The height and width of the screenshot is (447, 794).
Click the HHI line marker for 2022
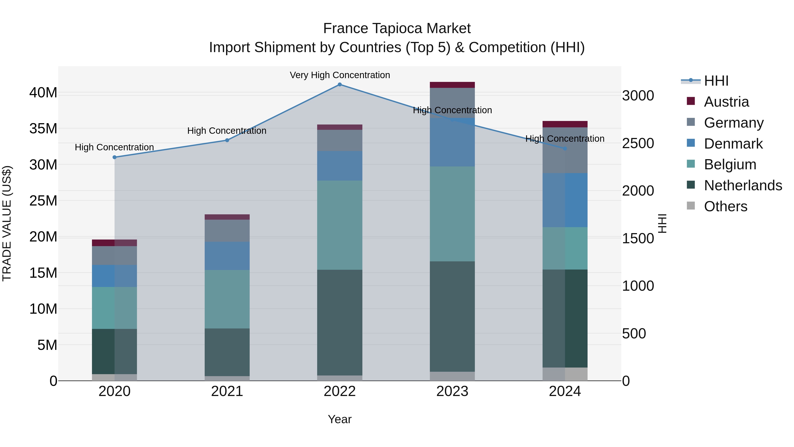click(x=340, y=85)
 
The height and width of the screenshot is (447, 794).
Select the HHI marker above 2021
click(x=227, y=140)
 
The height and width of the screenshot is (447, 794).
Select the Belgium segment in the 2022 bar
click(x=340, y=225)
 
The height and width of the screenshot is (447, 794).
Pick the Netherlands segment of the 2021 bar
click(x=227, y=352)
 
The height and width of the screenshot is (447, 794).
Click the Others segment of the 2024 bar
click(x=565, y=374)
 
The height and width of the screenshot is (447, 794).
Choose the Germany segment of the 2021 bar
click(x=227, y=231)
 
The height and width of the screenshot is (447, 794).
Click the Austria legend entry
click(x=726, y=102)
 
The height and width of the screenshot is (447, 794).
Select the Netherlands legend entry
click(x=743, y=185)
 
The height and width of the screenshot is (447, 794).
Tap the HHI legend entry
click(x=716, y=81)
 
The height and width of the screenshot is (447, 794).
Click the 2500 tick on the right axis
click(x=638, y=143)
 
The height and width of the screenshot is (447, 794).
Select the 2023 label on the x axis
click(x=452, y=391)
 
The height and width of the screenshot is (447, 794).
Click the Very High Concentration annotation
click(x=340, y=75)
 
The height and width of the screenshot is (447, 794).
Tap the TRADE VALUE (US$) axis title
click(x=7, y=223)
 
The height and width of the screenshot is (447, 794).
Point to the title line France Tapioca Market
click(x=397, y=29)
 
